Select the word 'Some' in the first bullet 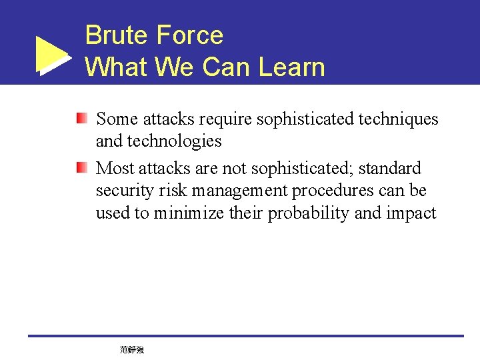tap(117, 119)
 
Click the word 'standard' tap(390, 168)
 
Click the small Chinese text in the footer tap(132, 349)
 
